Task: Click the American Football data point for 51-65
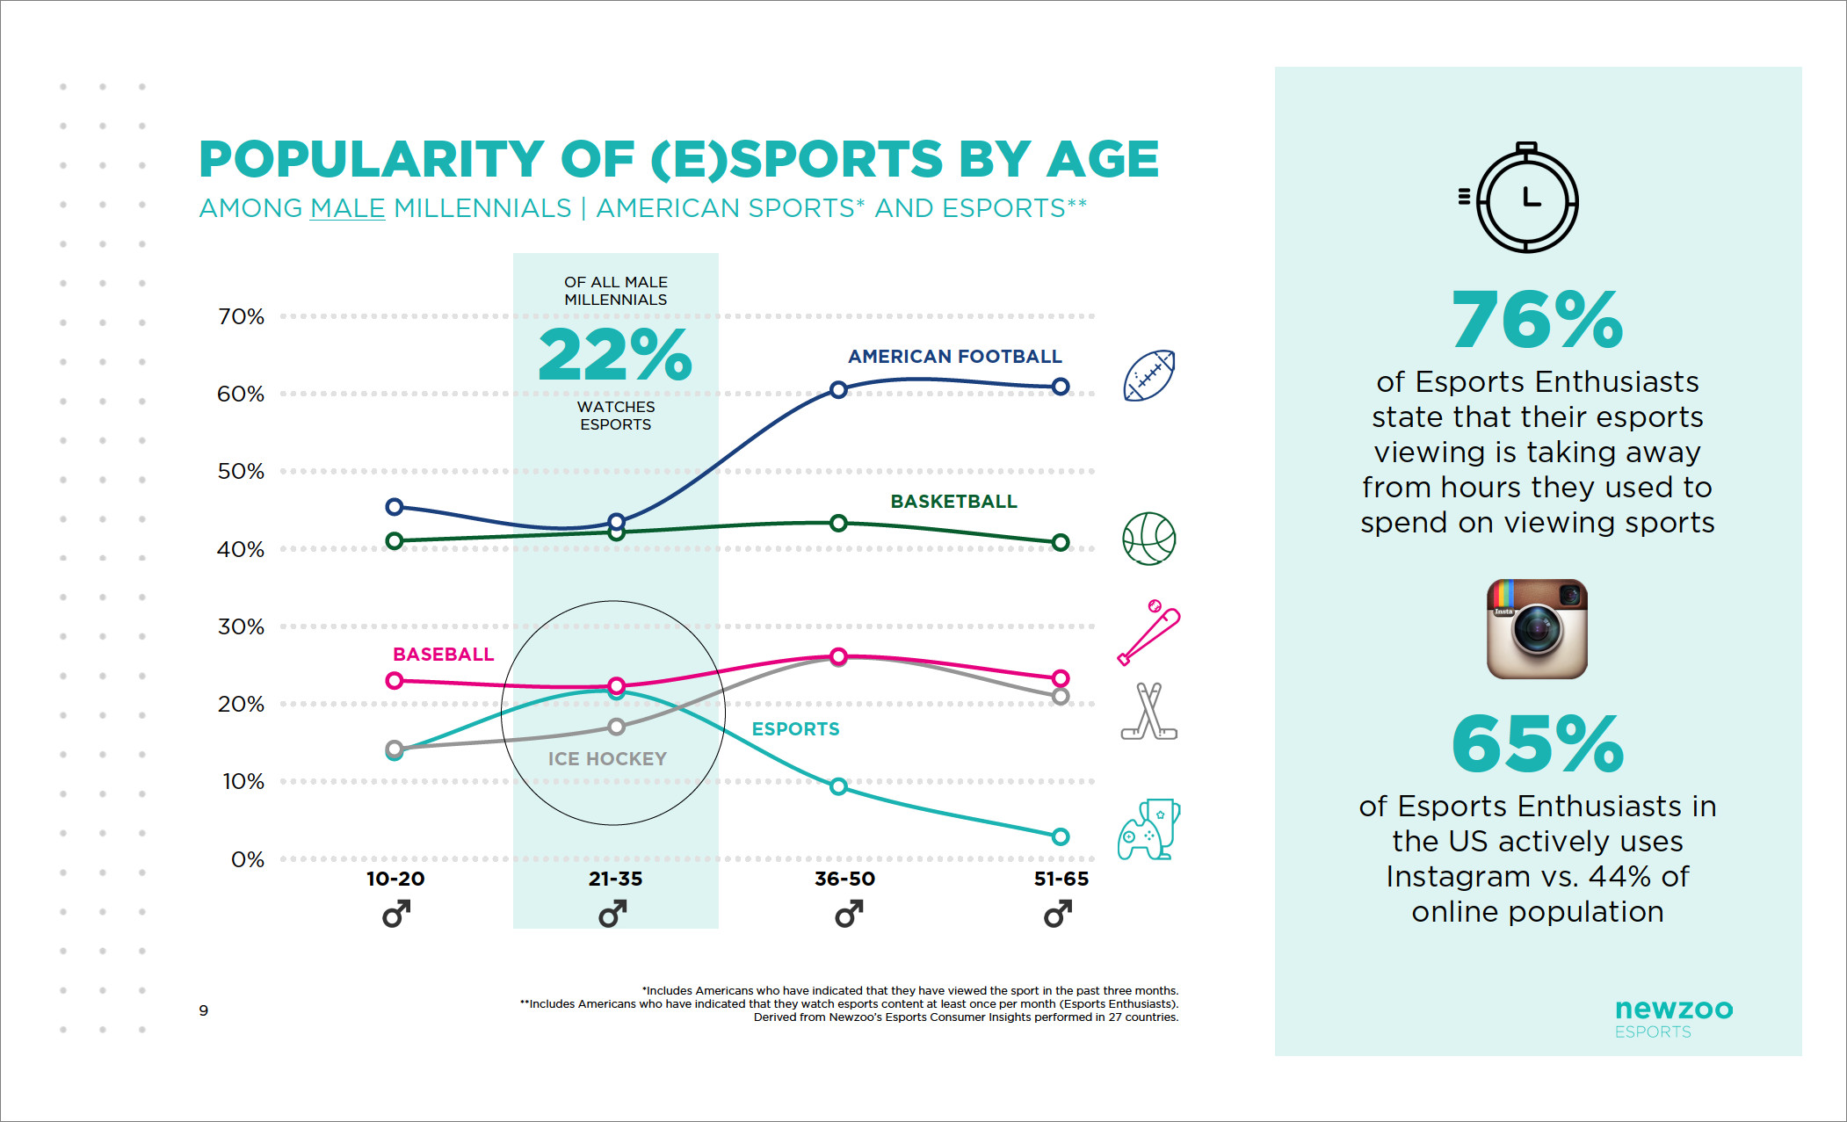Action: [1061, 387]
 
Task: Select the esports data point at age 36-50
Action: [838, 786]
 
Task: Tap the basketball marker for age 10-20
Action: [395, 541]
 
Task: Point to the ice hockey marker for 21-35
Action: [617, 727]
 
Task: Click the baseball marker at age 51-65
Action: [1061, 678]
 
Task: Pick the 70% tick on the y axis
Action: [241, 316]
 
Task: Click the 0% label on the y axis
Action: [247, 859]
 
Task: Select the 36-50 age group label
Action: [844, 879]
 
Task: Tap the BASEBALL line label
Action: [443, 655]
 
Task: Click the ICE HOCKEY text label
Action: [607, 759]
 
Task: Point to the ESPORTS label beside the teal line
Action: [795, 729]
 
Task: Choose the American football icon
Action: [1149, 376]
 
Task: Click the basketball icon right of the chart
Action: [1148, 539]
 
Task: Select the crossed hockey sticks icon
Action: [1148, 712]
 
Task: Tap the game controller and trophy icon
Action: [1148, 829]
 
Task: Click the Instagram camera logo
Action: [1537, 629]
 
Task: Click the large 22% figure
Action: [615, 354]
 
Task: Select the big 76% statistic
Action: [1537, 319]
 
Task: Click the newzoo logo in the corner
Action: [1673, 1017]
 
